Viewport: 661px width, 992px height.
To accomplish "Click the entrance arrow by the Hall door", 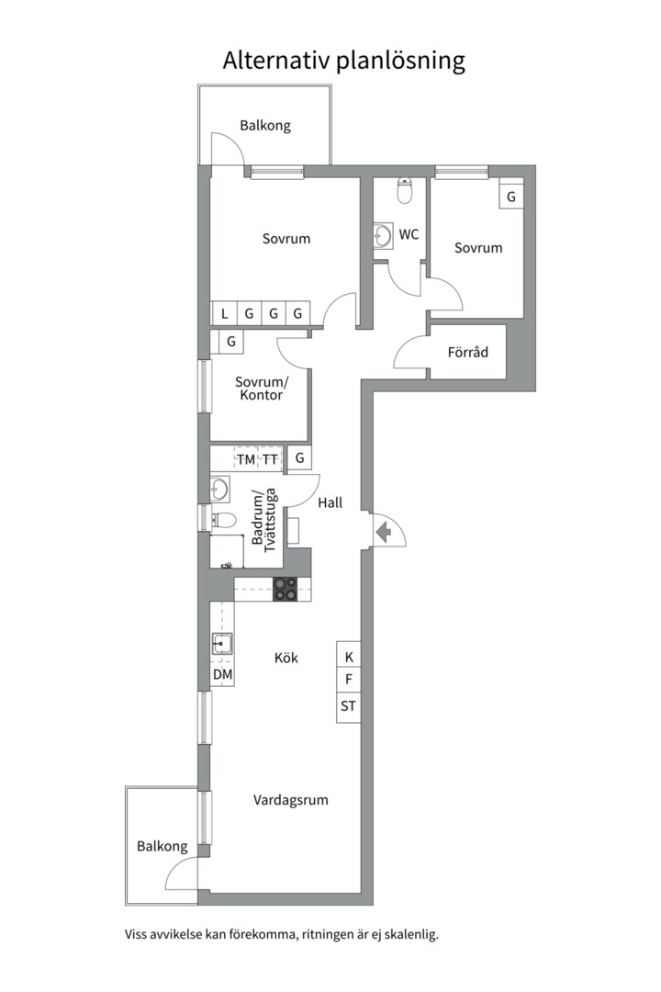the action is click(383, 532).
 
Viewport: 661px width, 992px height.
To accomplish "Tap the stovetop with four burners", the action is click(286, 589).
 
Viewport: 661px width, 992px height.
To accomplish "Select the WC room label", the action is click(409, 234).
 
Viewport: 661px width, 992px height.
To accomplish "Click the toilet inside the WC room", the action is click(404, 190).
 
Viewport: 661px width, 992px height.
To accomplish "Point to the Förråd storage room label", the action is click(468, 352).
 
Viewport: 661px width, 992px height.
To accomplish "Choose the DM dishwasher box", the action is click(223, 674).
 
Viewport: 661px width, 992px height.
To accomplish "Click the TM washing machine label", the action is click(246, 460).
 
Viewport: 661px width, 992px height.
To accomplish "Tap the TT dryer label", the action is click(270, 460).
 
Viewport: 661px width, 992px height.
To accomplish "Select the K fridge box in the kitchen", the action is click(349, 657).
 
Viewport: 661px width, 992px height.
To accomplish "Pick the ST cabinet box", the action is click(349, 706).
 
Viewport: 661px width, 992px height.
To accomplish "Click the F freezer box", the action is click(349, 680).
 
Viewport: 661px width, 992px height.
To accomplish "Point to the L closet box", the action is click(224, 312).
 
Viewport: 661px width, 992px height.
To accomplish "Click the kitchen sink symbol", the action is click(221, 643).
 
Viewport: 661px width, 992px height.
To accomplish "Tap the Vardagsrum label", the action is click(291, 800).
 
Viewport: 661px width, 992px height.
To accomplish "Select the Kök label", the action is click(286, 658).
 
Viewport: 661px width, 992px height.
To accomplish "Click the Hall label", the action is click(330, 502).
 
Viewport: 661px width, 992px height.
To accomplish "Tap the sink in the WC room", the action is click(383, 236).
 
